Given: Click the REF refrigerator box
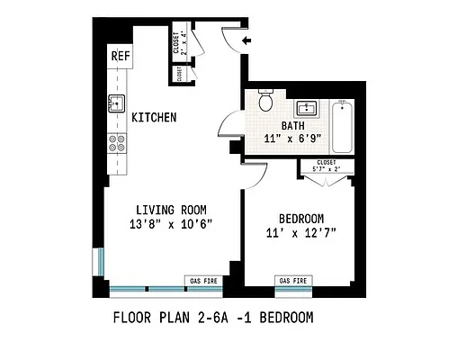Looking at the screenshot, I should [x=120, y=56].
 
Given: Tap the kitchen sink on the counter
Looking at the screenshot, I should [x=115, y=103].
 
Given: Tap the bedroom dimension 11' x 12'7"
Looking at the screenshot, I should [x=300, y=233].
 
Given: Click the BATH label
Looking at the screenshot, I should [x=293, y=126].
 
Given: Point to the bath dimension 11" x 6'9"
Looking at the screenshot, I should [x=293, y=139].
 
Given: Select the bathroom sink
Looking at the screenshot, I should [x=309, y=107].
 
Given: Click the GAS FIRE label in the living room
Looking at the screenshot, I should [x=202, y=281].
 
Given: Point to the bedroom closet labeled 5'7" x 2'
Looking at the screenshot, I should [x=327, y=166].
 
